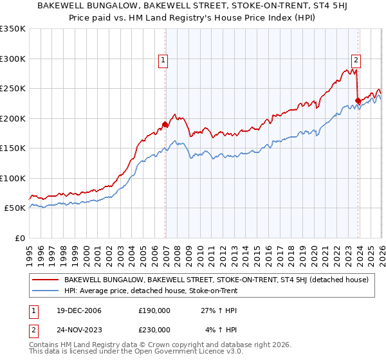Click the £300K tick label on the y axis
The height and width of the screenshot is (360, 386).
(13, 59)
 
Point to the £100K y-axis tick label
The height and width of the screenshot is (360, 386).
(13, 178)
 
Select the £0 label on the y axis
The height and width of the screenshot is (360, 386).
(21, 238)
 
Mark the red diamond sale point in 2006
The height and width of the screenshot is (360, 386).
(165, 125)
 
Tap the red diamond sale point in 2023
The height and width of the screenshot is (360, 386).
(358, 101)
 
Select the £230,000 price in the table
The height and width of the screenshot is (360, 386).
(154, 330)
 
